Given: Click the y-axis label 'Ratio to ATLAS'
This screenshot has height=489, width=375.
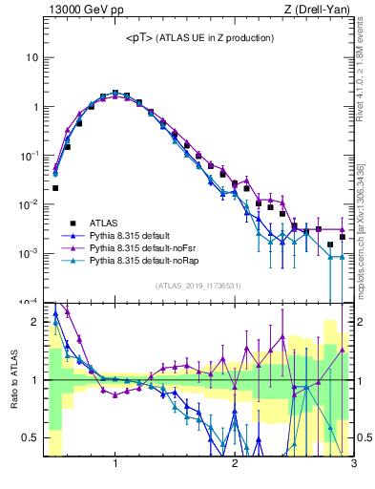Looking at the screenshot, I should click(13, 379).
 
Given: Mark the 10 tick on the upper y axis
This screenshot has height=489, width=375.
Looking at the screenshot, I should click(31, 57).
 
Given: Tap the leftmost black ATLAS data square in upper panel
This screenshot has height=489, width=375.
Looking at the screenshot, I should click(55, 188).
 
